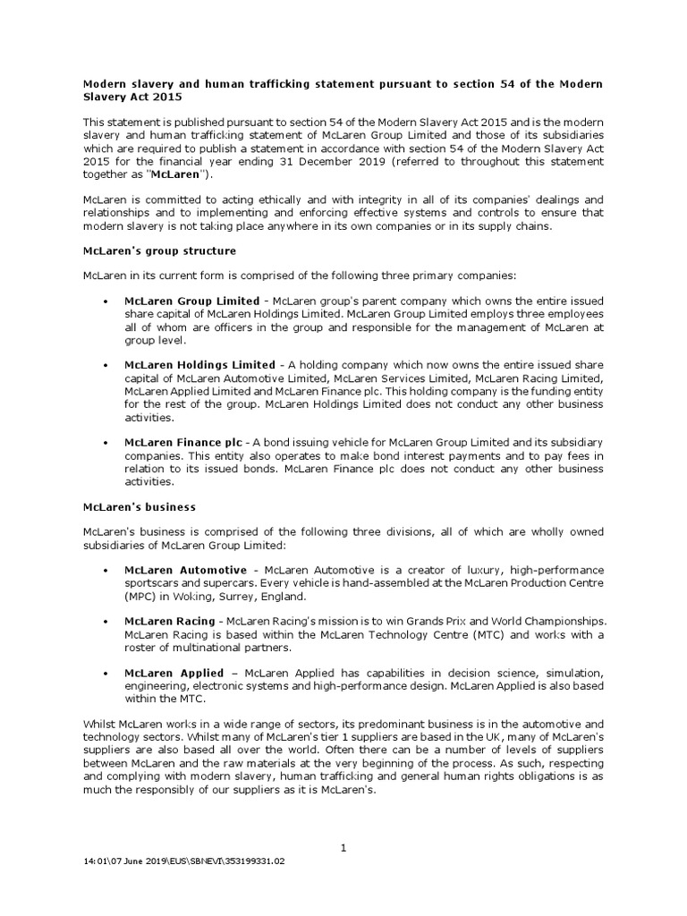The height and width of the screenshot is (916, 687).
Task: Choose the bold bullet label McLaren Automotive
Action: tap(185, 570)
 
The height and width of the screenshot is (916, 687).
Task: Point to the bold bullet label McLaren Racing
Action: tap(169, 621)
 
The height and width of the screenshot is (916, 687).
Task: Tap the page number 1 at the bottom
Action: tap(343, 848)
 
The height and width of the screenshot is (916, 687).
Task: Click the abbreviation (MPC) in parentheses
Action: tap(143, 596)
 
